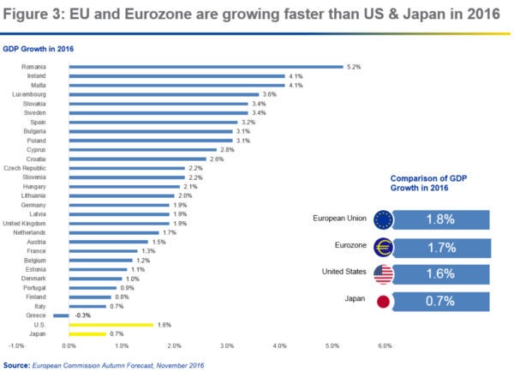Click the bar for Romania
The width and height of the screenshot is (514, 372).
pyautogui.click(x=206, y=66)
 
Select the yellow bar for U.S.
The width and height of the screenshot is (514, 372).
pyautogui.click(x=111, y=325)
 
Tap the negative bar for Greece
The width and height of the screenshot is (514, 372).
pyautogui.click(x=61, y=315)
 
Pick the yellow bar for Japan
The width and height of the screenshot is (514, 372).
pyautogui.click(x=87, y=334)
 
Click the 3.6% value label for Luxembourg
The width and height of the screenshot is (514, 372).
pyautogui.click(x=268, y=94)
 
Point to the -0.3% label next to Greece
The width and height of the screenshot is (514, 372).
pyautogui.click(x=81, y=315)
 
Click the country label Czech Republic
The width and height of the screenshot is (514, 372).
pyautogui.click(x=25, y=168)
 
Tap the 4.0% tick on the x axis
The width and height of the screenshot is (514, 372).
pyautogui.click(x=279, y=346)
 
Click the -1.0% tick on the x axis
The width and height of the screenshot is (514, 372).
pyautogui.click(x=16, y=346)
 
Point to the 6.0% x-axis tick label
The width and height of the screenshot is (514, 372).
pyautogui.click(x=385, y=346)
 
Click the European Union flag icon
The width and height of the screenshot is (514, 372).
pyautogui.click(x=383, y=219)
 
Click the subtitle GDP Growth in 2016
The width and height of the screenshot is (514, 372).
pyautogui.click(x=38, y=48)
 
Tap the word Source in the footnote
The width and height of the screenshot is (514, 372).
pyautogui.click(x=17, y=364)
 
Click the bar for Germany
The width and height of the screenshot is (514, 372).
pyautogui.click(x=119, y=205)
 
